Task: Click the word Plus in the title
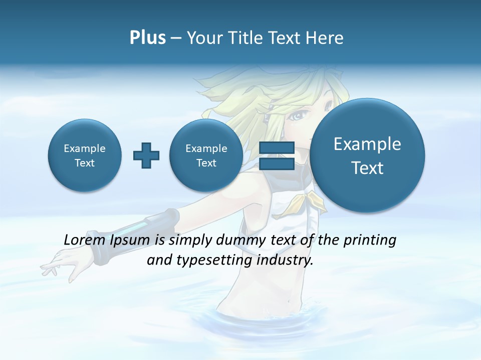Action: (x=147, y=38)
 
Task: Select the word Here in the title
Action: (x=325, y=38)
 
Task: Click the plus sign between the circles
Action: (x=146, y=155)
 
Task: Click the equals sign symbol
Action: (x=277, y=155)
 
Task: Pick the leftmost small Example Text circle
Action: (x=85, y=155)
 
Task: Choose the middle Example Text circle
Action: (x=206, y=155)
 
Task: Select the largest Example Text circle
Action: (x=367, y=155)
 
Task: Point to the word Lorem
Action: (x=85, y=240)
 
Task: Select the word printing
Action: (x=369, y=240)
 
